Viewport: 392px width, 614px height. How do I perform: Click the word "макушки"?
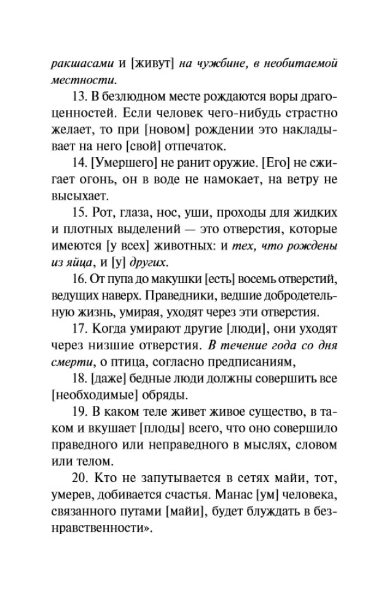coord(176,279)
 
